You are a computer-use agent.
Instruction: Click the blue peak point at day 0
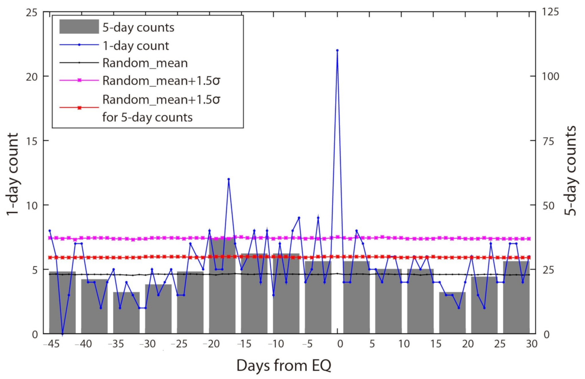pos(337,51)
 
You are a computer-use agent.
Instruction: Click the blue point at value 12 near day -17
pos(229,179)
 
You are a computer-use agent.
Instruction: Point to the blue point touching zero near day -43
pos(62,334)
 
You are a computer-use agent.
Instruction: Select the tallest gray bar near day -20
pos(222,286)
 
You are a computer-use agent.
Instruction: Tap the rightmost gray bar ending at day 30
pos(516,298)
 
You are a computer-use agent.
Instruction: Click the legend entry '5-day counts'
pos(138,27)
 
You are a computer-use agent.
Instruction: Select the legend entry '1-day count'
pos(135,46)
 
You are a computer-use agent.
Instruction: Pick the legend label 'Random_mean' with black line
pos(145,63)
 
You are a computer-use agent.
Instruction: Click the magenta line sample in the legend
pos(79,80)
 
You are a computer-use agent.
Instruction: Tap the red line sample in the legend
pos(79,108)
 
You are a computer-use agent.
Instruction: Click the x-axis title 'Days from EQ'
pos(284,365)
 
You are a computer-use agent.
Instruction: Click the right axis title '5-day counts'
pos(571,171)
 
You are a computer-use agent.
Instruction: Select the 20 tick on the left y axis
pos(31,77)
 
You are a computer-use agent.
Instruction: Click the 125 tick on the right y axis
pos(550,12)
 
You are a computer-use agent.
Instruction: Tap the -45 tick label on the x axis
pos(51,344)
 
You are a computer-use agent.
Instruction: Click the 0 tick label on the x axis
pos(340,344)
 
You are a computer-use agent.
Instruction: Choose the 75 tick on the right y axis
pos(548,141)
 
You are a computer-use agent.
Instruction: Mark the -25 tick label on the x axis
pos(179,344)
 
